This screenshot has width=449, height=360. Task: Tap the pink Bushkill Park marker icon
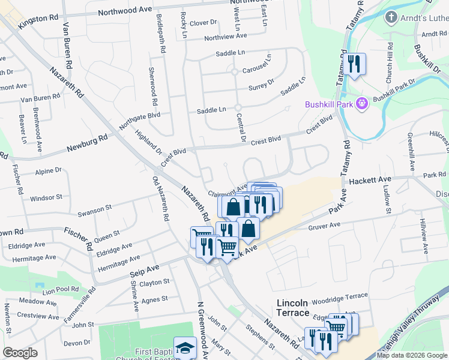pyautogui.click(x=361, y=104)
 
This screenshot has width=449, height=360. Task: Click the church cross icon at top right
pyautogui.click(x=391, y=17)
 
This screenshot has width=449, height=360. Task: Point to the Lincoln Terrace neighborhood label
pyautogui.click(x=292, y=308)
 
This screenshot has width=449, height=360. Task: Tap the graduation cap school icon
pyautogui.click(x=185, y=347)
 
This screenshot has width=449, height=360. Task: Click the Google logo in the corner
pyautogui.click(x=20, y=353)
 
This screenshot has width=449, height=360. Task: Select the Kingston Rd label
pyautogui.click(x=37, y=19)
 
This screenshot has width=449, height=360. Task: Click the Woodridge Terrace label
pyautogui.click(x=339, y=296)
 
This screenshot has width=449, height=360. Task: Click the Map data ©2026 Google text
pyautogui.click(x=411, y=355)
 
